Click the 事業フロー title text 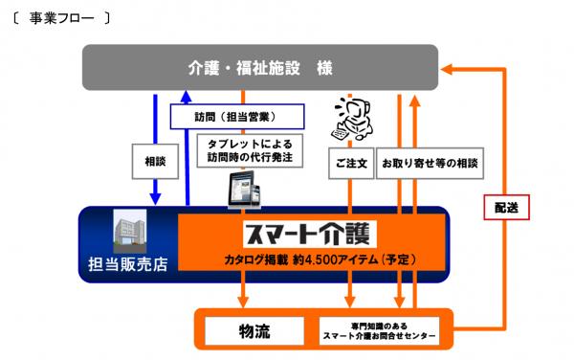pyautogui.click(x=61, y=18)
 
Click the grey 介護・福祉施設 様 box pyautogui.click(x=260, y=67)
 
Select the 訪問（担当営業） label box pyautogui.click(x=237, y=117)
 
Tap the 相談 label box pyautogui.click(x=155, y=161)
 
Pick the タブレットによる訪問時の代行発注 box pyautogui.click(x=250, y=150)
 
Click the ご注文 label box pyautogui.click(x=351, y=163)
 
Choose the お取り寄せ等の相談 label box pyautogui.click(x=430, y=163)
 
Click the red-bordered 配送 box pyautogui.click(x=507, y=207)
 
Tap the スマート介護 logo pyautogui.click(x=310, y=234)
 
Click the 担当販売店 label pyautogui.click(x=128, y=264)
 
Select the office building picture pyautogui.click(x=130, y=231)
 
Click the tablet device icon pyautogui.click(x=244, y=190)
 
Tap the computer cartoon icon pyautogui.click(x=352, y=119)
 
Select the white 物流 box pyautogui.click(x=254, y=331)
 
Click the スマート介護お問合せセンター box pyautogui.click(x=379, y=331)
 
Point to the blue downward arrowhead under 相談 pyautogui.click(x=155, y=199)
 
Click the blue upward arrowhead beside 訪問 pyautogui.click(x=187, y=97)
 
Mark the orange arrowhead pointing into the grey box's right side pyautogui.click(x=447, y=69)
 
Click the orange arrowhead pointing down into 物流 pyautogui.click(x=243, y=302)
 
